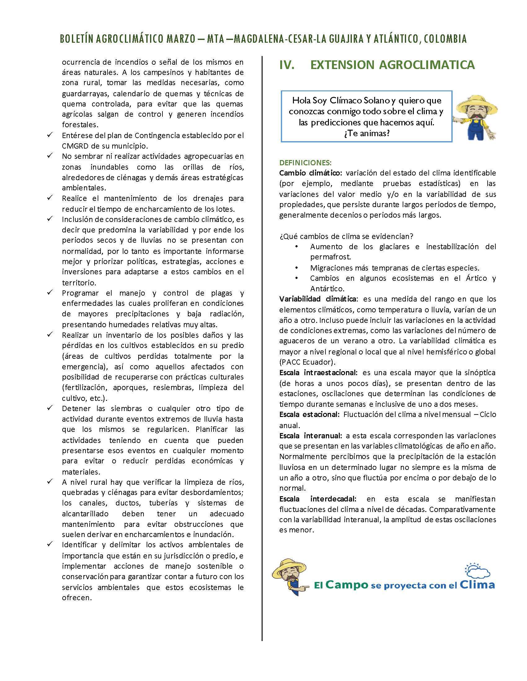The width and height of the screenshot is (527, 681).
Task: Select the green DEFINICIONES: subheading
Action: point(305,163)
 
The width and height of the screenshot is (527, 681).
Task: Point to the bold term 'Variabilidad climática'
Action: point(317,299)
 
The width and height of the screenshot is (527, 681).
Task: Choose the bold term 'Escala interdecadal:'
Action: point(317,499)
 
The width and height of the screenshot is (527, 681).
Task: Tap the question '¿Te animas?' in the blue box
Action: point(366,133)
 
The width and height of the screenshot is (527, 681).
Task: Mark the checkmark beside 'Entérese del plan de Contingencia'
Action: point(50,135)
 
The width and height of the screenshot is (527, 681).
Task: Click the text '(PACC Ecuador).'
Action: point(306,362)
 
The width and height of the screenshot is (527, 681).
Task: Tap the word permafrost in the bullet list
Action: point(330,257)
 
